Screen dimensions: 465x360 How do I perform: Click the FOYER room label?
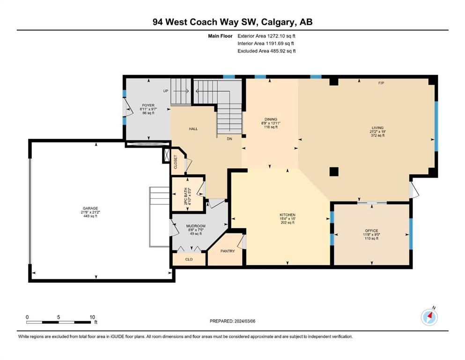(x=148, y=105)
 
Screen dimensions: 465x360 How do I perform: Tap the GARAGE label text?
(x=90, y=208)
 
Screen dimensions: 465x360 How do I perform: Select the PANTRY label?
(x=228, y=251)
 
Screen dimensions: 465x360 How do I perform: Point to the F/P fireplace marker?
(x=381, y=83)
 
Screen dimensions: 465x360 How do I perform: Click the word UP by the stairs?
(x=165, y=91)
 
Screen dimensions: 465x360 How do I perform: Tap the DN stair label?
(x=229, y=139)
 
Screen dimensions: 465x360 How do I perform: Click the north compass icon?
(x=429, y=317)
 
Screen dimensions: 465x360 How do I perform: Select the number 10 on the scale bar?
(x=92, y=317)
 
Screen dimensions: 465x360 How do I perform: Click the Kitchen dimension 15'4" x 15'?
(x=288, y=219)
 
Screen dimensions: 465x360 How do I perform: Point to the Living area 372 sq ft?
(x=378, y=135)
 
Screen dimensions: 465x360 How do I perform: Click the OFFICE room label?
(x=372, y=231)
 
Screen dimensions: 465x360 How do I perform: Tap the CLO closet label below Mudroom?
(x=189, y=259)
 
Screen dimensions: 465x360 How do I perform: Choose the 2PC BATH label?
(x=186, y=196)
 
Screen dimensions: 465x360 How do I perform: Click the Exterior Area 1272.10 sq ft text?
(x=266, y=36)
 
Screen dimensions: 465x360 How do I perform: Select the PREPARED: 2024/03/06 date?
(x=232, y=321)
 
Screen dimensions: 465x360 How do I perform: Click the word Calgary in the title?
(x=279, y=22)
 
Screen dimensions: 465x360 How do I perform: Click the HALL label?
(x=193, y=129)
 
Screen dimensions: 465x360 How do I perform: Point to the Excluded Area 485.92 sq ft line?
(x=266, y=51)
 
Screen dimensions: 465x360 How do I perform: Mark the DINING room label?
(x=271, y=120)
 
